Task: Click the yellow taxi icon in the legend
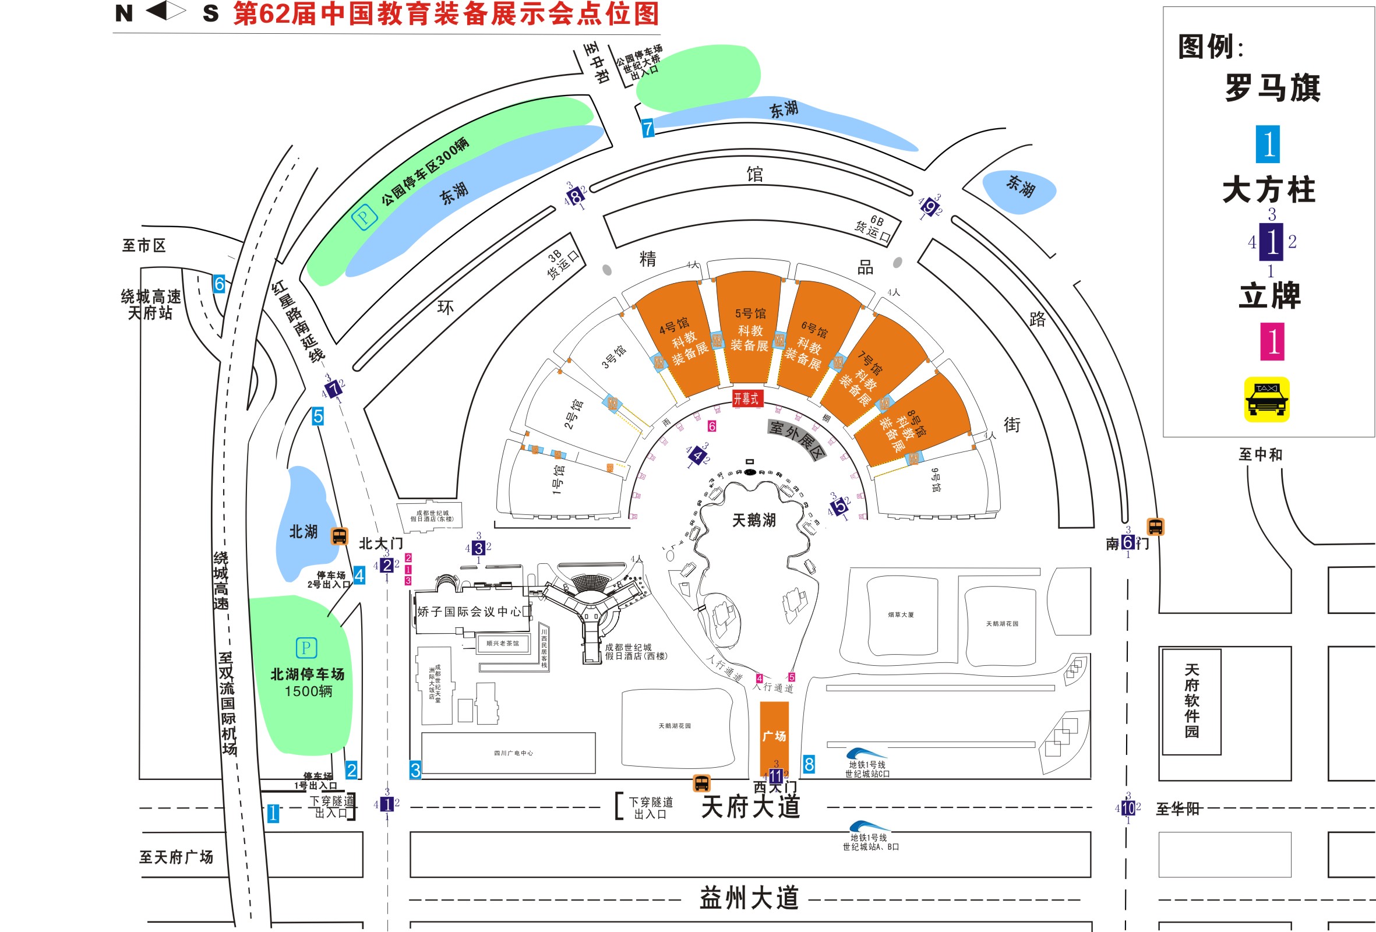(x=1266, y=399)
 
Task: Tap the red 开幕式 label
(x=746, y=398)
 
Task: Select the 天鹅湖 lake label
(x=754, y=521)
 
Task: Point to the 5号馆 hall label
(x=750, y=313)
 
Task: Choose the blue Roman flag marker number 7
(x=648, y=128)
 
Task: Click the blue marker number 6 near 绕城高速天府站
(x=219, y=284)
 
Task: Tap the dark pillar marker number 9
(x=930, y=208)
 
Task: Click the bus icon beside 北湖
(x=339, y=536)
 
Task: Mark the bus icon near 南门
(x=1155, y=527)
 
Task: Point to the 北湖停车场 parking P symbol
(x=306, y=648)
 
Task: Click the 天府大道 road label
(x=750, y=806)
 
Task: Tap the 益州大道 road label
(x=749, y=898)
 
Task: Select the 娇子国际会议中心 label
(x=469, y=612)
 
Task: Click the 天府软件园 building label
(x=1191, y=701)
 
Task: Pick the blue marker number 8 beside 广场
(x=809, y=764)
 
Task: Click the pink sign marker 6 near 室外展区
(x=712, y=426)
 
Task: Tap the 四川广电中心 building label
(x=513, y=753)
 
